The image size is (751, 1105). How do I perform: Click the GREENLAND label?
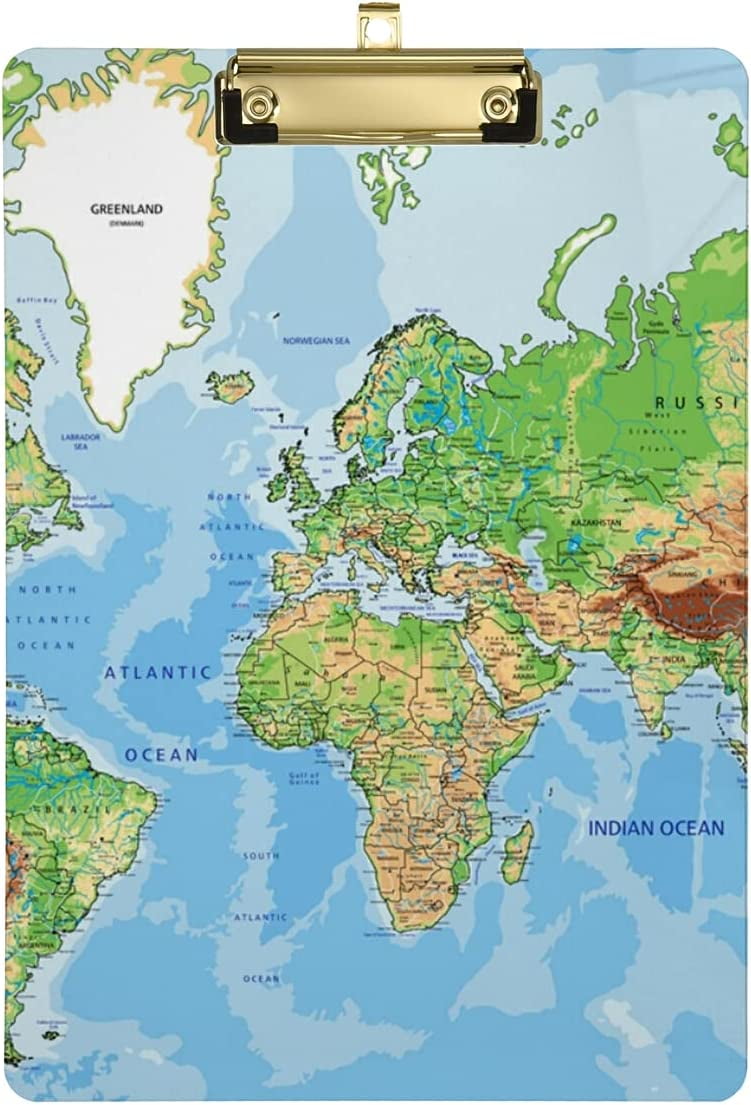point(126,210)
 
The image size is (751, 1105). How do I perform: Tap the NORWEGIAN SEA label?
point(316,341)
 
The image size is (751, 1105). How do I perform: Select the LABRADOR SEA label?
point(80,441)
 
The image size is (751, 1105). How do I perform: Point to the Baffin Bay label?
point(36,300)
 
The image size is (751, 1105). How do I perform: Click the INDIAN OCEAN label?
point(655,828)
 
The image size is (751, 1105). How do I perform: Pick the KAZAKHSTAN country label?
point(595,522)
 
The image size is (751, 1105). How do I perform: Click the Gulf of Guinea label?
point(303,779)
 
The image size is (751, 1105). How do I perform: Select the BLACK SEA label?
point(465,553)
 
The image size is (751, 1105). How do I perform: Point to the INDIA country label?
point(673,659)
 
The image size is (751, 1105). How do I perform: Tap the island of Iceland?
point(230,385)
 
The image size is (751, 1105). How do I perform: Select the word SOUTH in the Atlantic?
point(261,856)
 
